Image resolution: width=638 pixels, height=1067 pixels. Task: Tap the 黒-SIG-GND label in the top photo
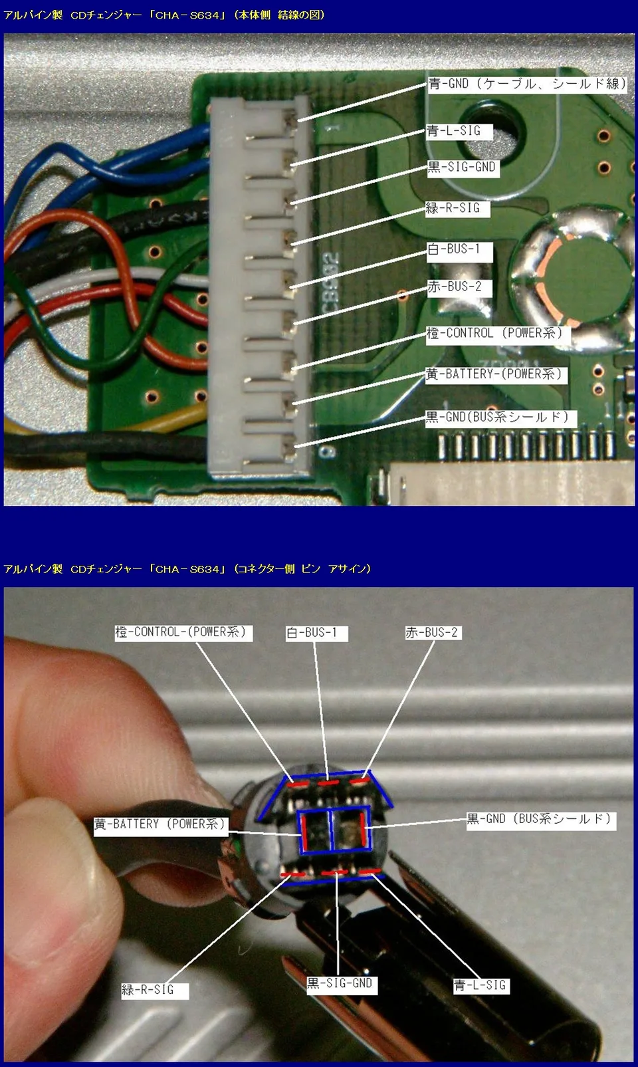click(x=463, y=168)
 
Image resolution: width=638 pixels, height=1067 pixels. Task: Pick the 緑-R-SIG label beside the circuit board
click(x=457, y=208)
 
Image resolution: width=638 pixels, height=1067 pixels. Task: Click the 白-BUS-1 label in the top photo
click(x=459, y=250)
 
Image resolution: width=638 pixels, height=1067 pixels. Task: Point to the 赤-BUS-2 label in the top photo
click(x=459, y=287)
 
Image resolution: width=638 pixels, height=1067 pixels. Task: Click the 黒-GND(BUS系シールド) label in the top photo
click(x=501, y=417)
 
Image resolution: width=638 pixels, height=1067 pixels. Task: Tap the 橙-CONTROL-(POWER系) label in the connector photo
click(x=183, y=633)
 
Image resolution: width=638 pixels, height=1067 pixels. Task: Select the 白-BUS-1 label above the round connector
click(x=316, y=633)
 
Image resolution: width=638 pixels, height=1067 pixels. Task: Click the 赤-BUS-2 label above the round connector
click(x=433, y=633)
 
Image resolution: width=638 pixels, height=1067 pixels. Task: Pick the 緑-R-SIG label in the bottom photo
click(x=155, y=991)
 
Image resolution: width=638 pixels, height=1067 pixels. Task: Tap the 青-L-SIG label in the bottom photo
click(x=481, y=985)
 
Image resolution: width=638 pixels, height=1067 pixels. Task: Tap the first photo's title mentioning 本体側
click(x=164, y=15)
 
